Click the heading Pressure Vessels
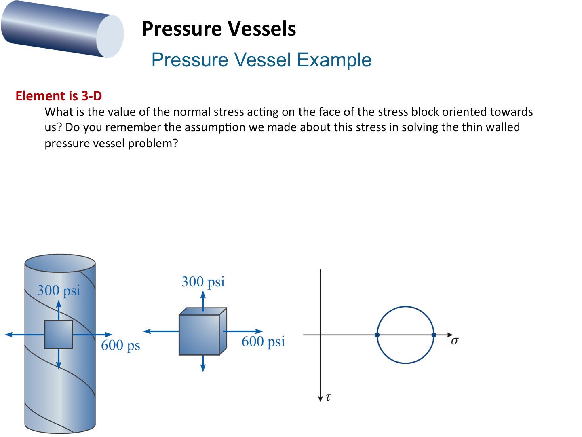(219, 29)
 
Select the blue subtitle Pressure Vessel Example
(261, 60)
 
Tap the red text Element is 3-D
(59, 96)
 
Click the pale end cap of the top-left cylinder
(110, 36)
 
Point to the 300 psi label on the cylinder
(59, 290)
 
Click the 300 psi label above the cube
(203, 282)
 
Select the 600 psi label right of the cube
(263, 342)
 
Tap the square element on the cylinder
(59, 335)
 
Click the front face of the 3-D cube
(199, 335)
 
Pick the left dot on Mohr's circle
(377, 335)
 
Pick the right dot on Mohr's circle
(434, 335)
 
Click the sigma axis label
(455, 341)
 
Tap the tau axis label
(328, 397)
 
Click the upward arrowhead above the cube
(203, 295)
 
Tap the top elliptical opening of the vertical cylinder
(60, 263)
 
